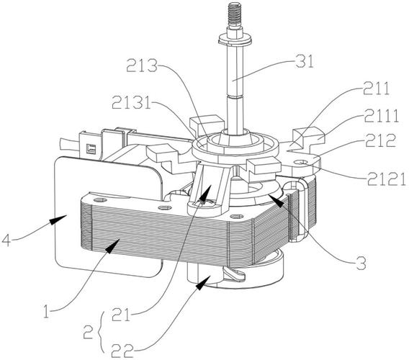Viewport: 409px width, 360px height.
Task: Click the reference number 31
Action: tap(305, 61)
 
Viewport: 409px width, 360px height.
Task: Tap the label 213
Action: tap(142, 66)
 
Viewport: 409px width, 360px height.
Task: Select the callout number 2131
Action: tap(131, 102)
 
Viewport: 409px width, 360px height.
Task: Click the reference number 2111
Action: tap(382, 116)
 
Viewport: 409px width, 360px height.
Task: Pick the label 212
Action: tap(381, 140)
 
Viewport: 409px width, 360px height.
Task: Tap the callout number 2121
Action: tap(387, 179)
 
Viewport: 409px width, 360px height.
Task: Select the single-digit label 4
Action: tap(6, 240)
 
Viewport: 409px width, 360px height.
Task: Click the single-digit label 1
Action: tap(46, 312)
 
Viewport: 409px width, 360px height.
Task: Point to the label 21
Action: tap(120, 314)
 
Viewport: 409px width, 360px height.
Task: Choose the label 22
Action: tap(122, 351)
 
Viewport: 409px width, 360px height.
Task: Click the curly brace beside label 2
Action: tap(101, 332)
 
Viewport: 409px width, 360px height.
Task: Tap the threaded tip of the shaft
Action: tap(235, 14)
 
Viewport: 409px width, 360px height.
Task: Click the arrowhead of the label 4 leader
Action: tap(58, 220)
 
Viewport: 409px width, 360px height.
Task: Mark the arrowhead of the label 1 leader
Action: tap(112, 246)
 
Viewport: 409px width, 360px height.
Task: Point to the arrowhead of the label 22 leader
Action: tap(202, 282)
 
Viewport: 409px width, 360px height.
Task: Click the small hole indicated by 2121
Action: tap(301, 163)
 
